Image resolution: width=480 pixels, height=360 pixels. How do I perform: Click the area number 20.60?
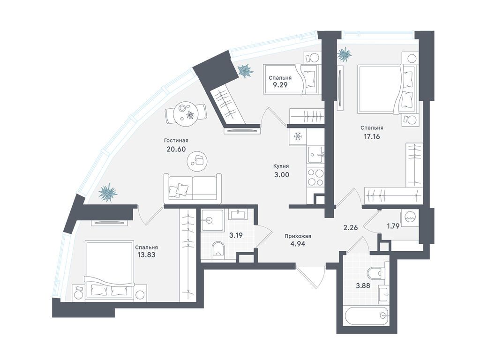pyautogui.click(x=176, y=149)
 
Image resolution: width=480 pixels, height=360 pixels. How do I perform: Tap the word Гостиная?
pyautogui.click(x=176, y=141)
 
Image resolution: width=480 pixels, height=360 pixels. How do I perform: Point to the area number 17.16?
pyautogui.click(x=372, y=136)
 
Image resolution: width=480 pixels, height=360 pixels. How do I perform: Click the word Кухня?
pyautogui.click(x=281, y=166)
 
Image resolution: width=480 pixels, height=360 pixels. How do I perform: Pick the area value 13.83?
pyautogui.click(x=147, y=255)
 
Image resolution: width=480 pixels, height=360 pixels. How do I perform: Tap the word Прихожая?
pyautogui.click(x=298, y=236)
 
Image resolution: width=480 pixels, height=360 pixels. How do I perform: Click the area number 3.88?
pyautogui.click(x=363, y=286)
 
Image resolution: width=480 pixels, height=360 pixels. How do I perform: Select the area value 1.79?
pyautogui.click(x=393, y=226)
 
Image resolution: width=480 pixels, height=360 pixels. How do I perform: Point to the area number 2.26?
pyautogui.click(x=350, y=227)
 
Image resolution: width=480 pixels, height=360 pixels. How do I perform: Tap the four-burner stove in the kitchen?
pyautogui.click(x=315, y=178)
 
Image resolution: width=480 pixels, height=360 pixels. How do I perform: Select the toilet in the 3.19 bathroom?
pyautogui.click(x=217, y=248)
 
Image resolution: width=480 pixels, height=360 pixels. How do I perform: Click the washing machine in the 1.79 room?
pyautogui.click(x=410, y=218)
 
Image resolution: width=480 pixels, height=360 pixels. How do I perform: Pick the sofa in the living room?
pyautogui.click(x=193, y=188)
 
